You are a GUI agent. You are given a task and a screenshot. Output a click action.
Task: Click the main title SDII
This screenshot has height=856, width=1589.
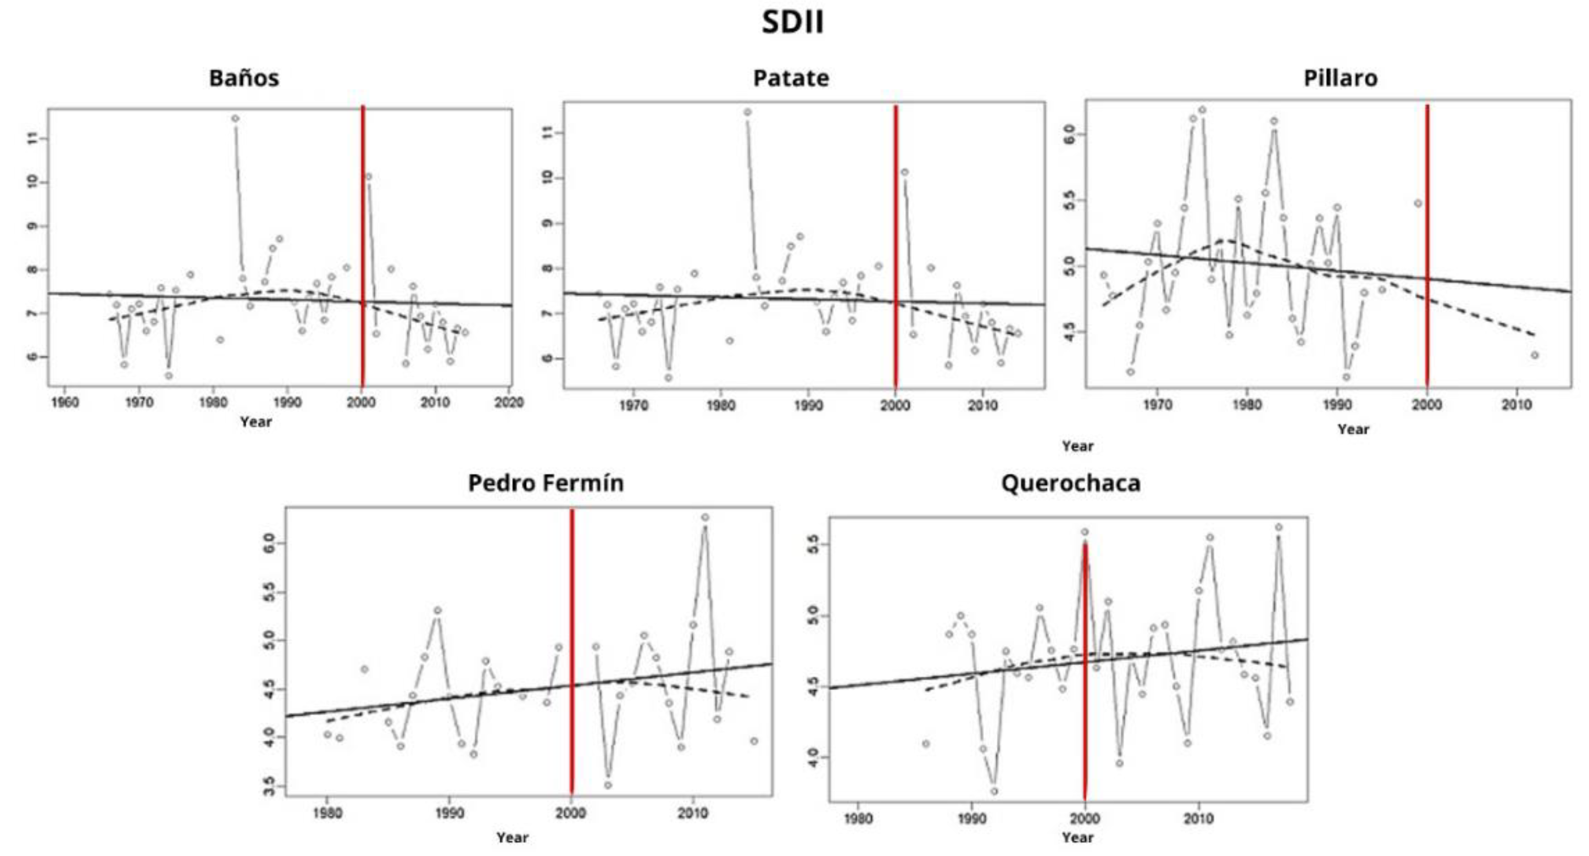792,22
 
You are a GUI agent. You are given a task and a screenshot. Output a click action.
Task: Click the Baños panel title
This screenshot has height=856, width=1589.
244,79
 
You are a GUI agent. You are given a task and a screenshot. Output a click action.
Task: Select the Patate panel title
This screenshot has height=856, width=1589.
791,79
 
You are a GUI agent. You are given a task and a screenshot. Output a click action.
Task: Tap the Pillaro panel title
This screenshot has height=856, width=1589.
1340,79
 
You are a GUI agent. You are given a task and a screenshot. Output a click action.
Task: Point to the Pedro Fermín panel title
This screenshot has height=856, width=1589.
545,482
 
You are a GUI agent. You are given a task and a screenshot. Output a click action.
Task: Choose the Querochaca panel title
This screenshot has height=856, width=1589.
1070,482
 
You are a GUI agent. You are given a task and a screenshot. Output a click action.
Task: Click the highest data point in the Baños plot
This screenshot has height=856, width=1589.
235,119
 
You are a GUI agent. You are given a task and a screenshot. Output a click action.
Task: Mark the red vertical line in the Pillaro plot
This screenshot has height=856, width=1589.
1427,247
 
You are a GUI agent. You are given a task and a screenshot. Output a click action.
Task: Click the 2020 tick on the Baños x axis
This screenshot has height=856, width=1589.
509,402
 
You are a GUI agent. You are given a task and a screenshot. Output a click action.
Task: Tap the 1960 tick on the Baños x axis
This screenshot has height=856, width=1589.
64,402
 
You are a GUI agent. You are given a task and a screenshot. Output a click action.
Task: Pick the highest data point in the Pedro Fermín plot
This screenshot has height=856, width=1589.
704,517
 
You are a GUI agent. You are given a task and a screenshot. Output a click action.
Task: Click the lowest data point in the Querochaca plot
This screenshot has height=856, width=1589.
994,791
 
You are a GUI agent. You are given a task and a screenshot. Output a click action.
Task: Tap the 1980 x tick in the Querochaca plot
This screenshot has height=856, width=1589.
857,819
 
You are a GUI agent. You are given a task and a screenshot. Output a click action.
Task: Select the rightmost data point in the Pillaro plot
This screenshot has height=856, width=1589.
1534,355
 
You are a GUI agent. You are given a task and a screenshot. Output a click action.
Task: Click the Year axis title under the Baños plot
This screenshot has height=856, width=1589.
256,422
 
